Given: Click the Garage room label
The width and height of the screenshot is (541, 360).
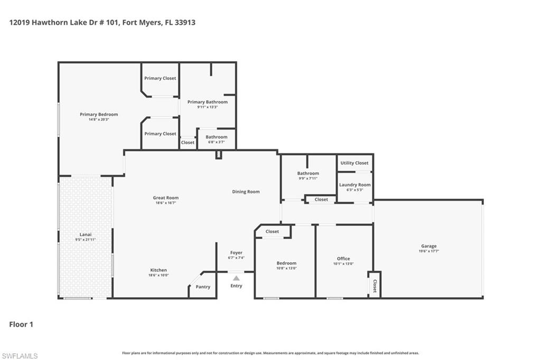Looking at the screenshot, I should [x=428, y=246].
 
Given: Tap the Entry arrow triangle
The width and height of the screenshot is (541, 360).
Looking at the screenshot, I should [x=236, y=278].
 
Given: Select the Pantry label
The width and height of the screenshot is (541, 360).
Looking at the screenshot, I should [x=203, y=287].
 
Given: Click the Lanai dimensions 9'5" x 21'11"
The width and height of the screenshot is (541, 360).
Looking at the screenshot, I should [x=85, y=239].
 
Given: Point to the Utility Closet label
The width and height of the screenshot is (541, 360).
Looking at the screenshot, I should [x=355, y=163].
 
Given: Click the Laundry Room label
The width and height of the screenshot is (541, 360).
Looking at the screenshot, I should [x=355, y=184].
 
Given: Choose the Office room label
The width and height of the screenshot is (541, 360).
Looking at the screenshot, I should [x=343, y=259].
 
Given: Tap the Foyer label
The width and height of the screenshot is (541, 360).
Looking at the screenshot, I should [x=236, y=253].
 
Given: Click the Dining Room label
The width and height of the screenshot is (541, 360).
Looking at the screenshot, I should [x=246, y=191].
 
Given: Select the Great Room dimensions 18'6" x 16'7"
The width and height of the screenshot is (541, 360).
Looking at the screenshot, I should [x=165, y=202].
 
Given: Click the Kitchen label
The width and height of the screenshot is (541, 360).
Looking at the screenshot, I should [x=158, y=270].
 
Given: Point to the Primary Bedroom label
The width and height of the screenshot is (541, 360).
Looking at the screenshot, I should [x=99, y=114].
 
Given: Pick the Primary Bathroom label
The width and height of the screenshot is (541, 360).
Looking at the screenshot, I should [x=207, y=102].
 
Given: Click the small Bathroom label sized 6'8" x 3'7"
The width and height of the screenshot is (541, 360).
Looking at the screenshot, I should [x=217, y=137].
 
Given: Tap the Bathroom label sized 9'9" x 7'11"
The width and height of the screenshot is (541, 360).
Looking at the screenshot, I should [x=308, y=173].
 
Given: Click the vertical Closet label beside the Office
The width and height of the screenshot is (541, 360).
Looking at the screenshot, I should [x=375, y=286].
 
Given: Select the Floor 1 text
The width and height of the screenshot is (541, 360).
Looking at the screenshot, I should [x=21, y=324].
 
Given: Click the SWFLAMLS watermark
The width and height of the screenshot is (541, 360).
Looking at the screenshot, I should [x=20, y=356].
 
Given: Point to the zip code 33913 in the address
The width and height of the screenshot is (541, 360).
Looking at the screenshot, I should [x=185, y=23].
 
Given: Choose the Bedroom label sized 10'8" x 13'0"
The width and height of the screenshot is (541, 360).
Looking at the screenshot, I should [x=286, y=263].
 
